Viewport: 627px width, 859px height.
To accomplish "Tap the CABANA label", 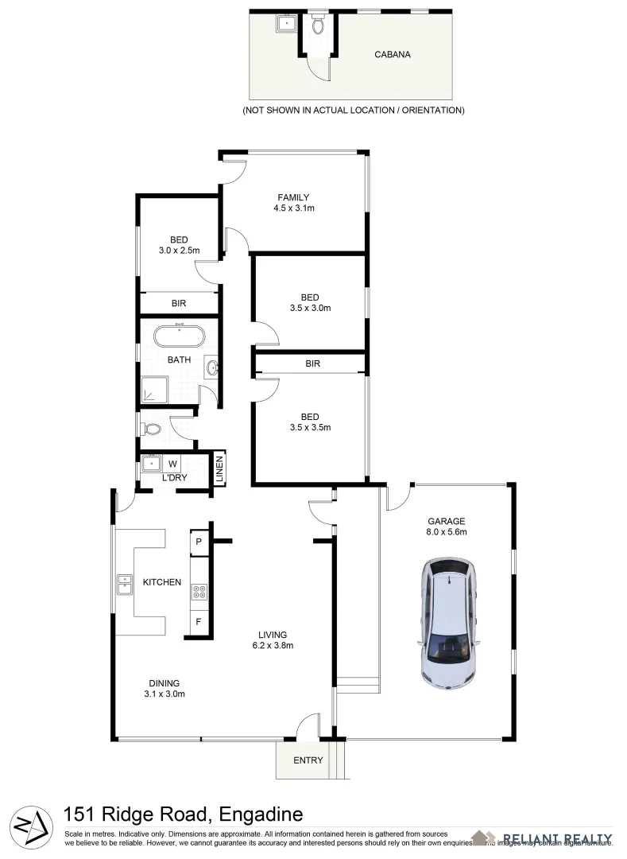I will point(393,56).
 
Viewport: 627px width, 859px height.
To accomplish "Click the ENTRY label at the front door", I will point(308,760).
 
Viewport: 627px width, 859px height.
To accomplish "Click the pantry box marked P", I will point(198,542).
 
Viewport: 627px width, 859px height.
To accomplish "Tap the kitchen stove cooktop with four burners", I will point(199,591).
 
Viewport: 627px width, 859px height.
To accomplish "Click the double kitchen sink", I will point(125,585).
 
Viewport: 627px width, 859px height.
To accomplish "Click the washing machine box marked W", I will point(172,462).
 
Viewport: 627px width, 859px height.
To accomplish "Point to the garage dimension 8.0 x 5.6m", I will point(446,532).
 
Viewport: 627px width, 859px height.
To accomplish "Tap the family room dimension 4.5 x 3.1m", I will point(293,208).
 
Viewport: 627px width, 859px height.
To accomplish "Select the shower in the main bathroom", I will point(154,389).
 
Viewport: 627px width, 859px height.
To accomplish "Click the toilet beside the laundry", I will point(152,429).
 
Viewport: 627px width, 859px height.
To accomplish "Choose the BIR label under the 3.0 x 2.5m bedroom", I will point(179,303).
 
